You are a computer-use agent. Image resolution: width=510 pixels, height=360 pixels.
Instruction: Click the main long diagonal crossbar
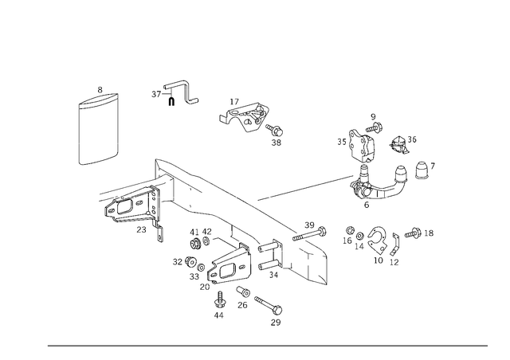click(231, 195)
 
